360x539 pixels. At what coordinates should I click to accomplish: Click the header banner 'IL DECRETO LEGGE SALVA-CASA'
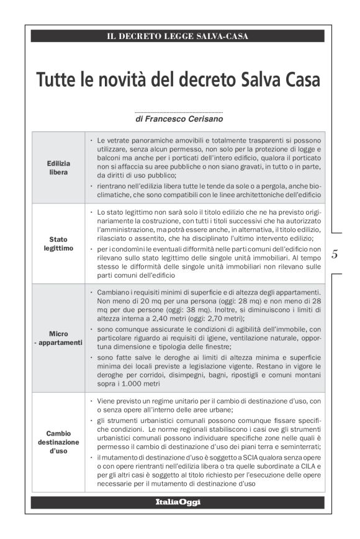pyautogui.click(x=178, y=37)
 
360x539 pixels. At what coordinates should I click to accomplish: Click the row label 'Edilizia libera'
pyautogui.click(x=58, y=167)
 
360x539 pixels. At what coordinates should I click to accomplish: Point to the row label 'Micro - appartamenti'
pyautogui.click(x=58, y=338)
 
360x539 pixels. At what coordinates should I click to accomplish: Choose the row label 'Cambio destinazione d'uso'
pyautogui.click(x=58, y=442)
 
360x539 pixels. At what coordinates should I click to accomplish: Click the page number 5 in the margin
pyautogui.click(x=335, y=254)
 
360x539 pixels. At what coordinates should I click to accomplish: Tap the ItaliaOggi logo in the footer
pyautogui.click(x=178, y=502)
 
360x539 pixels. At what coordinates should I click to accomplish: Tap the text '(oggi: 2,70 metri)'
pyautogui.click(x=207, y=318)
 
